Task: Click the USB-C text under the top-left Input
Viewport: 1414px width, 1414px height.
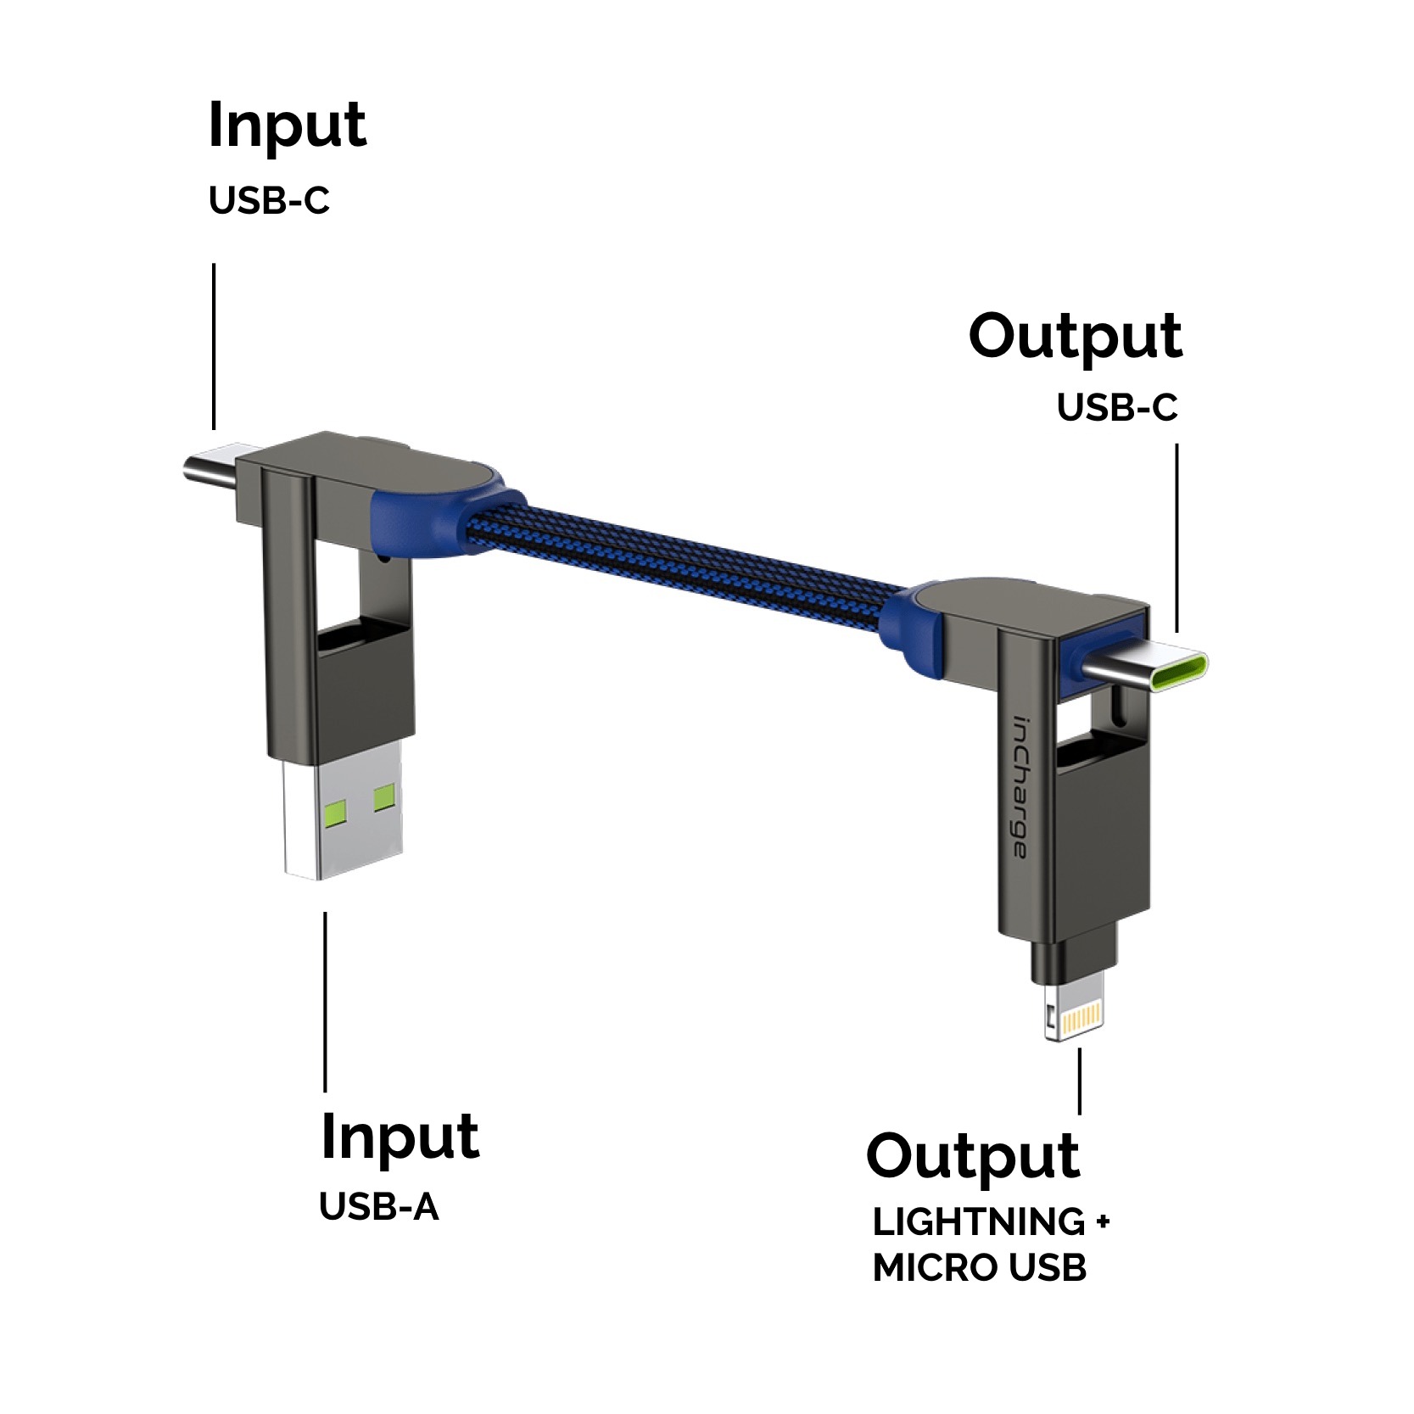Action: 269,201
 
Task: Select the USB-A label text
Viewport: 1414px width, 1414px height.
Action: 378,1207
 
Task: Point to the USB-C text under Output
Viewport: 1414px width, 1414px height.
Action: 1116,408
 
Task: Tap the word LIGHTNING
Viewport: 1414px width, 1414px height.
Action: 978,1222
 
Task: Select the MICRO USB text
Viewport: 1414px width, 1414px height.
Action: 979,1268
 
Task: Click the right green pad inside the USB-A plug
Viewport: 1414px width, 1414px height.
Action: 384,796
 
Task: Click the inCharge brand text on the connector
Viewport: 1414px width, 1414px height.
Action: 1021,789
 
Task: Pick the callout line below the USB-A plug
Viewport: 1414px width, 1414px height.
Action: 326,1001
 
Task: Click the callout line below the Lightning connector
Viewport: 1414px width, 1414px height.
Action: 1079,1081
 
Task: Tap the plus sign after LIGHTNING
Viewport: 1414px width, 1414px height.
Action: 1102,1222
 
